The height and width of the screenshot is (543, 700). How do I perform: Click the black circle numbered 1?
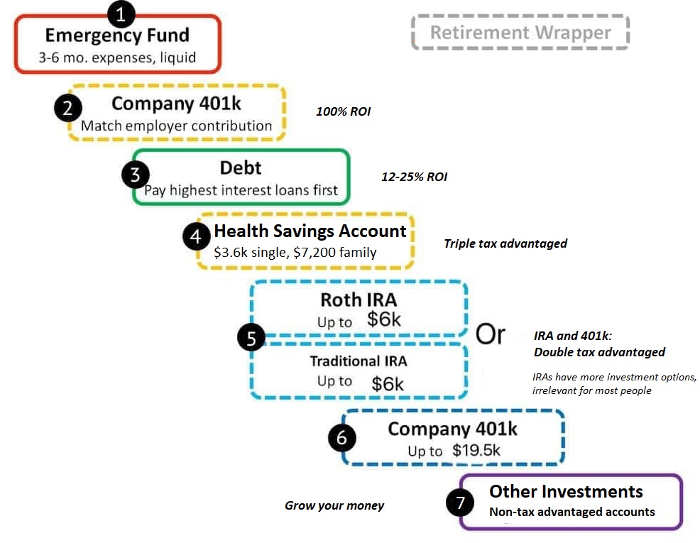tap(121, 14)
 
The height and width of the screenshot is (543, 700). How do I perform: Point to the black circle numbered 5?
tap(251, 339)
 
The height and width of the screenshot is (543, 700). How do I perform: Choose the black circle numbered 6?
tap(341, 439)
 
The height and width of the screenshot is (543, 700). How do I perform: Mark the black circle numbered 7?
tap(460, 503)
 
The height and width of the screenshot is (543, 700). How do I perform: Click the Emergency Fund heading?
tap(117, 35)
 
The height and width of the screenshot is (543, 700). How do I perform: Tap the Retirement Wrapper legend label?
tap(520, 33)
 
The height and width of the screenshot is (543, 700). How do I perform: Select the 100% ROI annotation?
tap(344, 111)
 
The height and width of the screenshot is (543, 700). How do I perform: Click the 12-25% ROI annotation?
tap(415, 177)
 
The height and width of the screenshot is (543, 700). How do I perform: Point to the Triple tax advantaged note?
tap(505, 243)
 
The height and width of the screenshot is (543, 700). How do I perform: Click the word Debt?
tap(241, 168)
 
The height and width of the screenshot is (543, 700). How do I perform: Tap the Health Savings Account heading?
tap(310, 231)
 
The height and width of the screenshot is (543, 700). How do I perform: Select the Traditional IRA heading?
tap(359, 361)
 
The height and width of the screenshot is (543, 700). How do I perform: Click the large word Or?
tap(490, 334)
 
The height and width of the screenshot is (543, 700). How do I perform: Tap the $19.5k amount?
tap(476, 450)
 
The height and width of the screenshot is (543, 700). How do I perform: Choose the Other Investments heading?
tap(566, 491)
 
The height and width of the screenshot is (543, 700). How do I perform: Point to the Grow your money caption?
tap(334, 505)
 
